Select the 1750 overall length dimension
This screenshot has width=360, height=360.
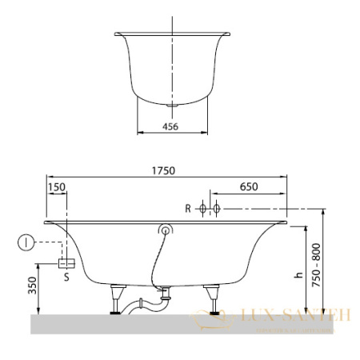[163, 170]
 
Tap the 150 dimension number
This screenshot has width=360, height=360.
[56, 187]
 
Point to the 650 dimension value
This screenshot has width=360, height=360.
[249, 187]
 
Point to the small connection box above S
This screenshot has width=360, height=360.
[67, 262]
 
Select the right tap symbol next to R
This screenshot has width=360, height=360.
[215, 209]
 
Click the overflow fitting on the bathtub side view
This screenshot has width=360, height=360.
[166, 231]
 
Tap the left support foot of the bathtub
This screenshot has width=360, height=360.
[118, 301]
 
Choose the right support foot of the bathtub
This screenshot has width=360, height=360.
[213, 301]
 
